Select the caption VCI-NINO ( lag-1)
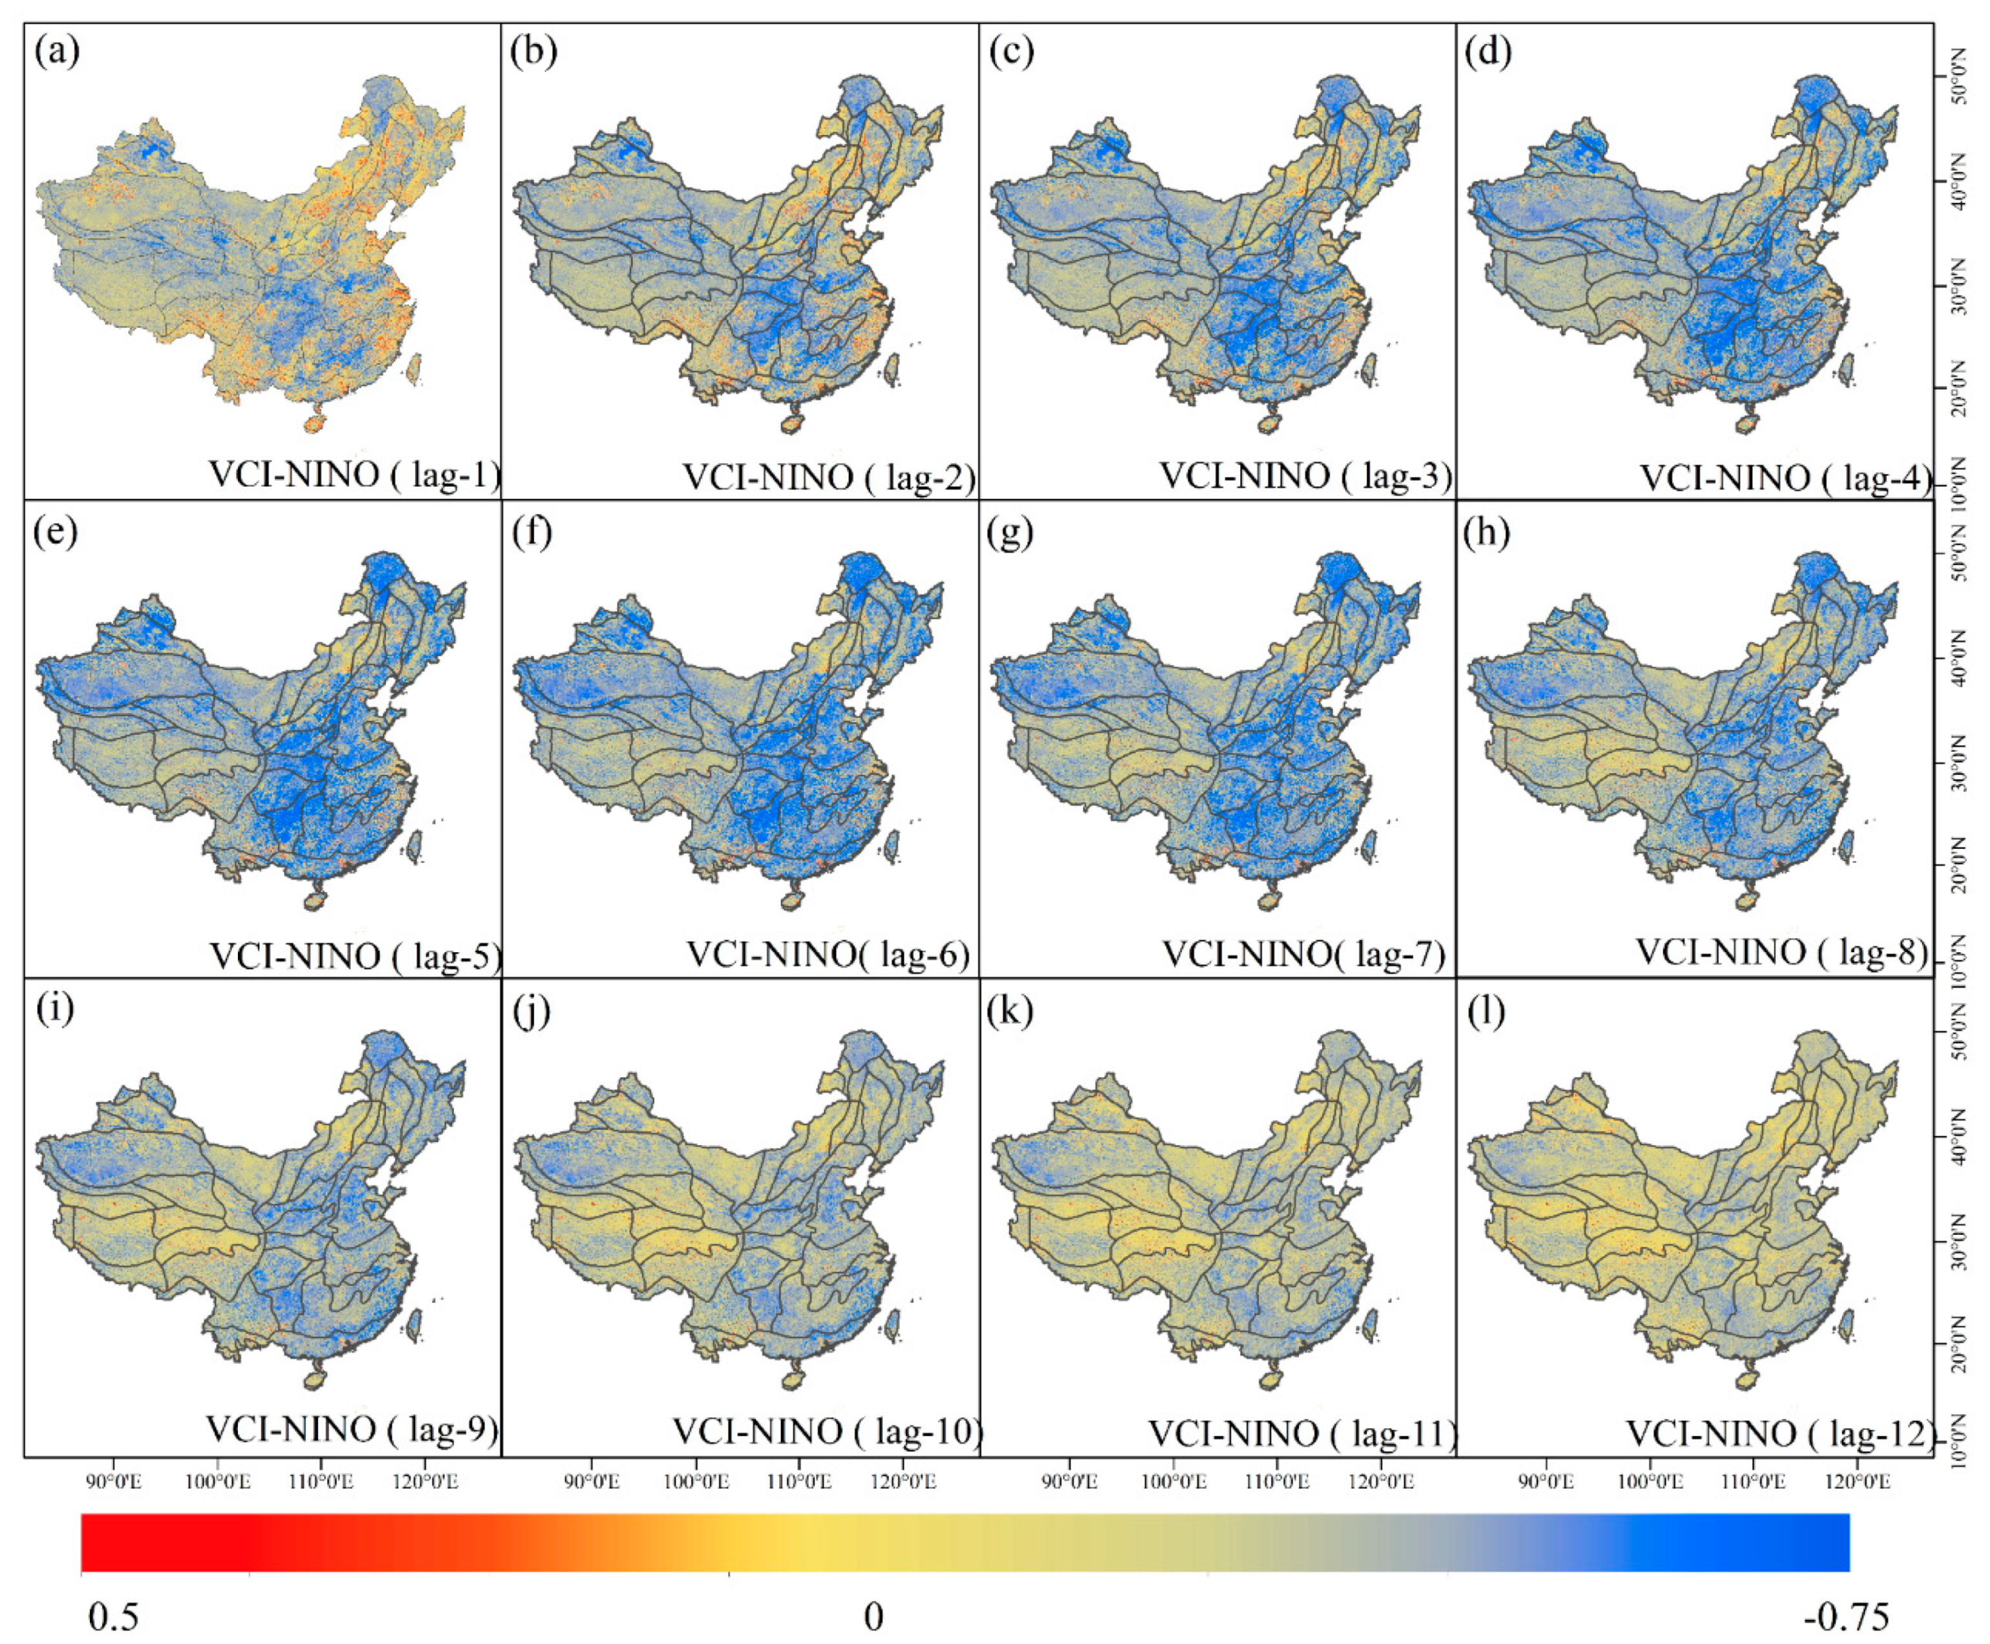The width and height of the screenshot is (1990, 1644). coord(353,473)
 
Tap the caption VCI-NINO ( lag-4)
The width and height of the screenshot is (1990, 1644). coord(1784,477)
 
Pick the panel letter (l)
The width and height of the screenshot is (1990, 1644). coord(1486,1010)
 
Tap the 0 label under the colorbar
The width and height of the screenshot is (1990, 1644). coord(873,1616)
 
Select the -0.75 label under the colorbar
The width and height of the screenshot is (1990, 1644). coord(1845,1616)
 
